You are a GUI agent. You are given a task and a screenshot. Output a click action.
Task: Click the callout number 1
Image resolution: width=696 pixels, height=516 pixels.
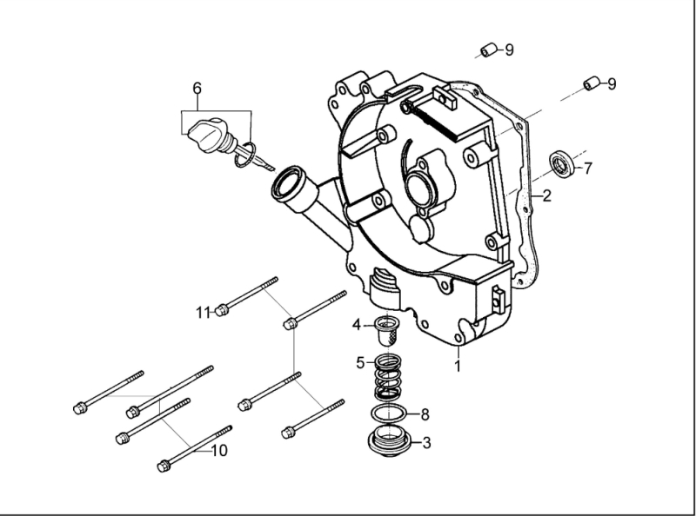[458, 366]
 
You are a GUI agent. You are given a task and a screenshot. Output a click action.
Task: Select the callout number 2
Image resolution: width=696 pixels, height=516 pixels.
[546, 195]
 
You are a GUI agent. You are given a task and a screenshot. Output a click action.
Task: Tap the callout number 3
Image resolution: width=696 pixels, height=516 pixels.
[425, 443]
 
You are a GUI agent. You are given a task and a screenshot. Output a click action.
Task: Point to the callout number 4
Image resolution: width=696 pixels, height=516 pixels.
[357, 325]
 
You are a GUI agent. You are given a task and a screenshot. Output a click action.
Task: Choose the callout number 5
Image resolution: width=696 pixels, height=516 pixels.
[360, 362]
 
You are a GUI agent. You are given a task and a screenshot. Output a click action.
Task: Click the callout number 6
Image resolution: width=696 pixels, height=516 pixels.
[197, 88]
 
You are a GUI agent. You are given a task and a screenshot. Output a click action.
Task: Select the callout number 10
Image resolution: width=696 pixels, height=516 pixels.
[219, 450]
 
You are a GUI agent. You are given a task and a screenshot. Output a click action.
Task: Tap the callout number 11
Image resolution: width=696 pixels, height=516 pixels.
[203, 312]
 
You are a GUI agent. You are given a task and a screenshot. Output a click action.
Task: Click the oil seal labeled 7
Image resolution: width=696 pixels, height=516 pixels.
[561, 162]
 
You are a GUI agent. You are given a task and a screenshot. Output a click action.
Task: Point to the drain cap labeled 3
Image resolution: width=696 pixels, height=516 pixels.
[389, 440]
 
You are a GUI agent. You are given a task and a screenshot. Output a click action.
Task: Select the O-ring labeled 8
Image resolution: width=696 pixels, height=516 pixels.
[387, 413]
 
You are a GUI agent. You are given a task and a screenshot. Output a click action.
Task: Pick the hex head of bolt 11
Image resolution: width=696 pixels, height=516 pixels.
[223, 308]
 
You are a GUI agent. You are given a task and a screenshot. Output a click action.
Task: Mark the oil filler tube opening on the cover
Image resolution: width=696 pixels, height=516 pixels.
[286, 183]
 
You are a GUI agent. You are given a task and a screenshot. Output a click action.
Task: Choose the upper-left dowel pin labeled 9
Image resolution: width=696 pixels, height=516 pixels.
[490, 49]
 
